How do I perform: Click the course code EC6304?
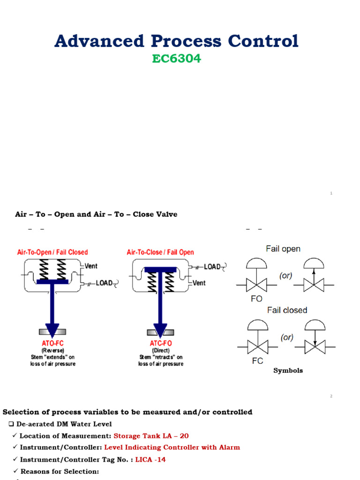coord(176,59)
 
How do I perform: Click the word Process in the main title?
coord(176,41)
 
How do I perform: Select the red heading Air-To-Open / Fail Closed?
coord(52,252)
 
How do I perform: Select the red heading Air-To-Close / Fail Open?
coord(160,252)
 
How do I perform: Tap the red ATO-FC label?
coord(52,343)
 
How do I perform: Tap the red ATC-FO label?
coord(161,343)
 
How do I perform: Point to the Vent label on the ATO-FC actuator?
coord(91,266)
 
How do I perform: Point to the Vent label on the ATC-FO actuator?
coord(199,283)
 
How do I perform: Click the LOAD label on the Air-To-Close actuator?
coord(212,267)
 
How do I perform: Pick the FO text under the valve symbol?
coord(256,299)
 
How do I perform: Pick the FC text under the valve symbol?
coord(257,361)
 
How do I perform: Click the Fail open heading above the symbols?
coord(283,249)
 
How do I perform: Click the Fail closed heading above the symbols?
coord(287,310)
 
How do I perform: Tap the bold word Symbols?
coord(288,370)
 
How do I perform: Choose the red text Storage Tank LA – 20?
coord(151,436)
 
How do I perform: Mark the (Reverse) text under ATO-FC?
coord(52,350)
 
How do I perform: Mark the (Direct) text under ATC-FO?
coord(161,350)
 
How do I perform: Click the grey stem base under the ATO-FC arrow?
coord(52,332)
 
